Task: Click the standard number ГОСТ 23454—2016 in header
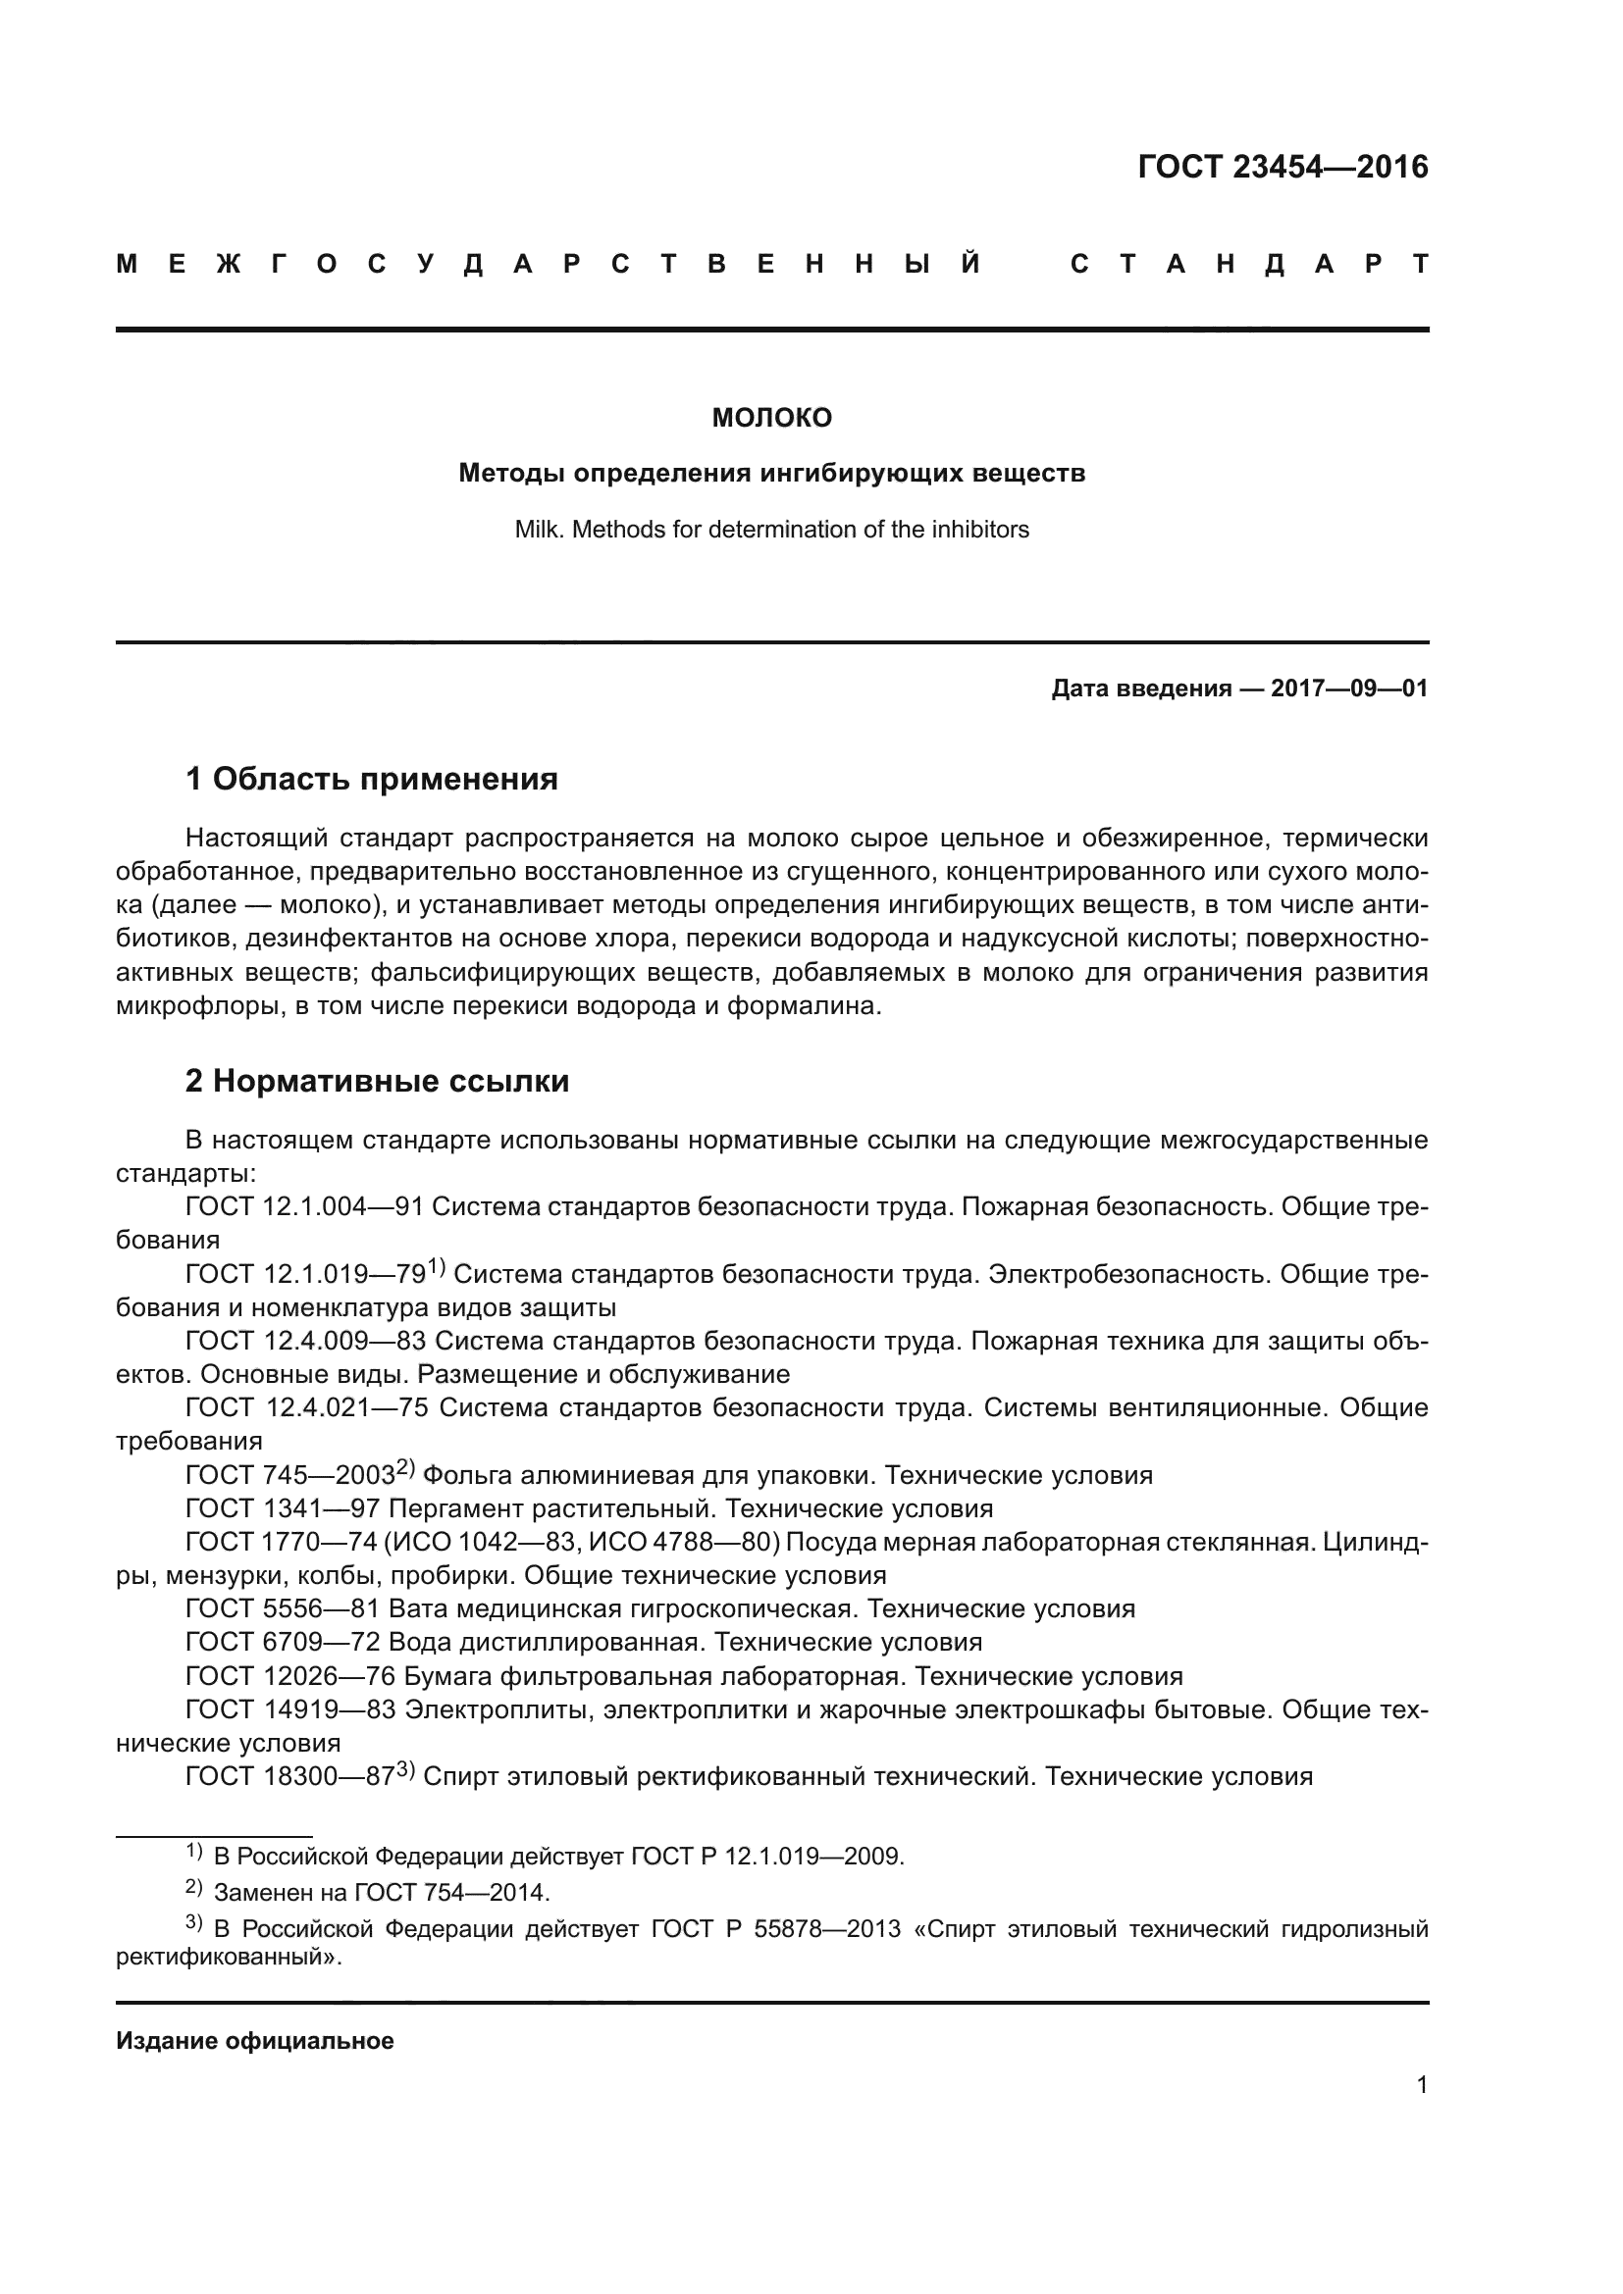(1283, 167)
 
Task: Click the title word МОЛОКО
(770, 419)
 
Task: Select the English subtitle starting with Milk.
(770, 530)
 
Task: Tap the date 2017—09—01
(1348, 688)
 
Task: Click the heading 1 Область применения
(371, 779)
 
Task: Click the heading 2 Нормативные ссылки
(377, 1081)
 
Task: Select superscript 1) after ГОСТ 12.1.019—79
(436, 1267)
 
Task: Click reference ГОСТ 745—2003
(289, 1476)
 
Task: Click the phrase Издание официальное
(255, 2041)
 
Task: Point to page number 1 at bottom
(1421, 2085)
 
